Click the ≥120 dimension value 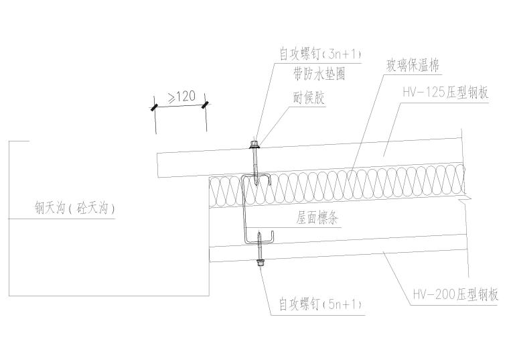pyautogui.click(x=181, y=97)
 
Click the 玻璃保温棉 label pyautogui.click(x=411, y=66)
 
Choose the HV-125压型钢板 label pyautogui.click(x=445, y=93)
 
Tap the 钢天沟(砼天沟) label pyautogui.click(x=75, y=208)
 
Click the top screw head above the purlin pyautogui.click(x=254, y=143)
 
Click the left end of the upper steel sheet pyautogui.click(x=159, y=166)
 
